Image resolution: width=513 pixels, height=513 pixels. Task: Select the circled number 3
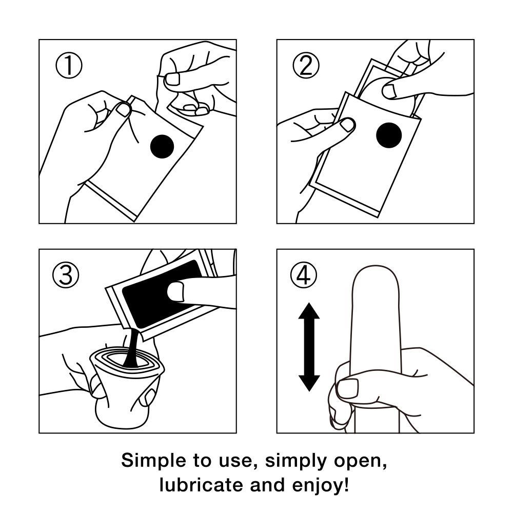pyautogui.click(x=66, y=275)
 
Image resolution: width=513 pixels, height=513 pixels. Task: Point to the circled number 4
pyautogui.click(x=304, y=275)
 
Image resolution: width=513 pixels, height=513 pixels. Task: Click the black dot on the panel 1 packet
pyautogui.click(x=162, y=146)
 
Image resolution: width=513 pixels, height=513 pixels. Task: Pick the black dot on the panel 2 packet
pyautogui.click(x=389, y=135)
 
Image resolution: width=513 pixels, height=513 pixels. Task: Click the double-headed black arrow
pyautogui.click(x=309, y=347)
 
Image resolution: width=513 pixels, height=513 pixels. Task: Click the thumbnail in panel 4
pyautogui.click(x=347, y=389)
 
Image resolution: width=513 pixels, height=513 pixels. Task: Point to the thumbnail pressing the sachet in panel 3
pyautogui.click(x=175, y=291)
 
